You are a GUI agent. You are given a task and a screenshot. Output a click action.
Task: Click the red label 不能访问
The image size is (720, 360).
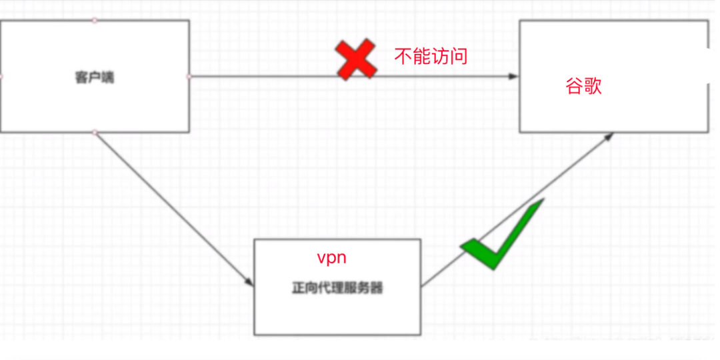(431, 56)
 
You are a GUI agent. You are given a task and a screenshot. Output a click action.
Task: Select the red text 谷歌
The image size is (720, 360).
(584, 87)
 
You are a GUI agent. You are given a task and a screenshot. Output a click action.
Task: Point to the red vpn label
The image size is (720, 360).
(331, 258)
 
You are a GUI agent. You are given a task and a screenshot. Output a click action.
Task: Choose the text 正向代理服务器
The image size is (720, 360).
(337, 289)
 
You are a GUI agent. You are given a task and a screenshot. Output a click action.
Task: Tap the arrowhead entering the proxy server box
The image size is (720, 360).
(249, 283)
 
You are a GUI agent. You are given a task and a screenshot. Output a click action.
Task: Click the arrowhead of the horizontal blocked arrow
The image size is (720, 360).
(513, 77)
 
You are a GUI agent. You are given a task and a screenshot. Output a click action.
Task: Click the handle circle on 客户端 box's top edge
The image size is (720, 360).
(95, 20)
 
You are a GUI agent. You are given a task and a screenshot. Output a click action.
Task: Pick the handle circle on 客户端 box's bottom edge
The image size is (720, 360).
(95, 133)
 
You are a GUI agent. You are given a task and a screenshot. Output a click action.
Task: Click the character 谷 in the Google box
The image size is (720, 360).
(575, 87)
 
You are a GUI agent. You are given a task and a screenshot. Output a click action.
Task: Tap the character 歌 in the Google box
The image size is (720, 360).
(593, 87)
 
